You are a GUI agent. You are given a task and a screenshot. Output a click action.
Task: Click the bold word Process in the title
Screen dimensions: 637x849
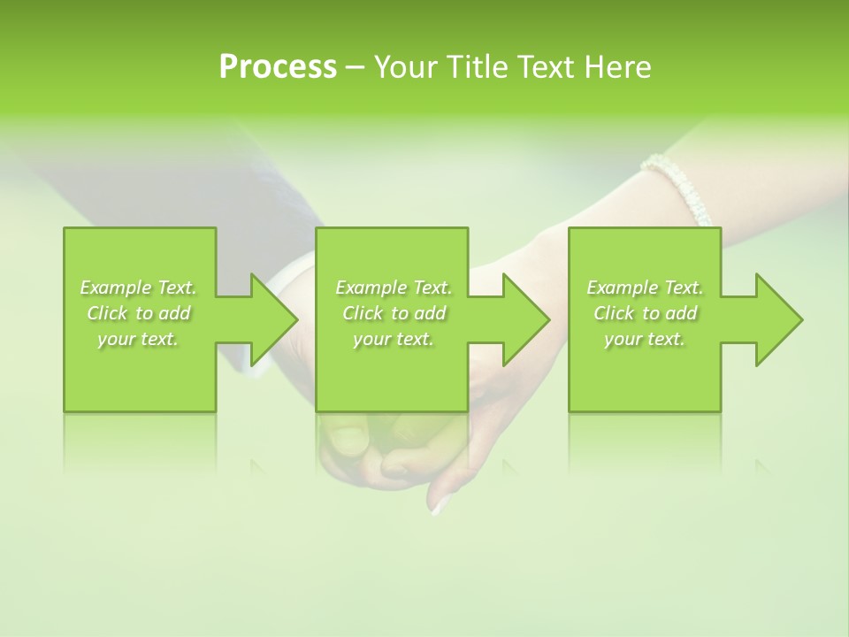[278, 67]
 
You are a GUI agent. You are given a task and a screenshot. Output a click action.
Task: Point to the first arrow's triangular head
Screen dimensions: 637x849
[273, 319]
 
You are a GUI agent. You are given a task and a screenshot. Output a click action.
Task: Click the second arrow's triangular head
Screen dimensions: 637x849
[525, 319]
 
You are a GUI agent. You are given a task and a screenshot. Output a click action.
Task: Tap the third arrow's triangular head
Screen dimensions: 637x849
[778, 319]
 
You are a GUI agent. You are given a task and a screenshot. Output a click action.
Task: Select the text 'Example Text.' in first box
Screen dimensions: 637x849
[138, 288]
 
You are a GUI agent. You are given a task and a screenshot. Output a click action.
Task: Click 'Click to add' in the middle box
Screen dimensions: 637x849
[394, 313]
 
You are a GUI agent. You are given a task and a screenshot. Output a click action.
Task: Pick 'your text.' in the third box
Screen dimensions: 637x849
[645, 339]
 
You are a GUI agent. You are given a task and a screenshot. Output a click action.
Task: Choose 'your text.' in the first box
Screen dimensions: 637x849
[138, 339]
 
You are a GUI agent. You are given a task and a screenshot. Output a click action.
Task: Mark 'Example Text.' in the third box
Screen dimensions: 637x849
[645, 288]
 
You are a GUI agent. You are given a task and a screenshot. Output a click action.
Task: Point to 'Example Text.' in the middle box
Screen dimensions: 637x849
[394, 288]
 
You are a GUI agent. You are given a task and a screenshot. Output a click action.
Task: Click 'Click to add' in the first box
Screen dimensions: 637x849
[138, 313]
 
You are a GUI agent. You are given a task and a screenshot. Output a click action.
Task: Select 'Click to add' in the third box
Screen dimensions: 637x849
[645, 313]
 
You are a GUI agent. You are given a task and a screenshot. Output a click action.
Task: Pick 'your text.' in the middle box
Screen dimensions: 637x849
[394, 339]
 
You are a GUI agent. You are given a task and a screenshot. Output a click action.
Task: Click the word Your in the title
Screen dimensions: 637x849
[403, 67]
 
